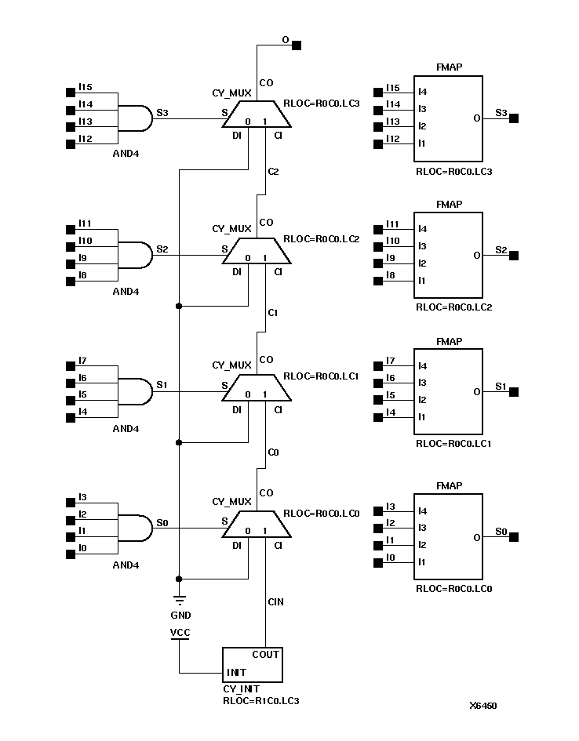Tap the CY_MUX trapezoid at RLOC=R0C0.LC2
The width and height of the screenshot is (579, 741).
coord(257,252)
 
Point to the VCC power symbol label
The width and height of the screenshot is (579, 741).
coord(180,631)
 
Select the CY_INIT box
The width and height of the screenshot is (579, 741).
coord(252,665)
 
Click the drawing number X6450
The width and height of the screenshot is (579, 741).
coord(482,706)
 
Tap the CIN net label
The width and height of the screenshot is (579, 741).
coord(275,601)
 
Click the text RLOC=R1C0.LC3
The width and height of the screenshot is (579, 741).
coord(261,700)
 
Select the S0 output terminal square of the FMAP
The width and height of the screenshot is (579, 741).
coord(515,537)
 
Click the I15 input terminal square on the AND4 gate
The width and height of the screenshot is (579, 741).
coord(70,92)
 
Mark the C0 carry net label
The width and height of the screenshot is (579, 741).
coord(273,452)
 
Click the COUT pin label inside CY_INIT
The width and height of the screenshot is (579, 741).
coord(265,655)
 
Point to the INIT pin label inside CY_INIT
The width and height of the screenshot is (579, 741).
coord(237,673)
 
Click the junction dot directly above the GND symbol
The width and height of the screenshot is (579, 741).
coord(179,579)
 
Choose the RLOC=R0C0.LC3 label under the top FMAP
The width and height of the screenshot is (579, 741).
coord(454,170)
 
